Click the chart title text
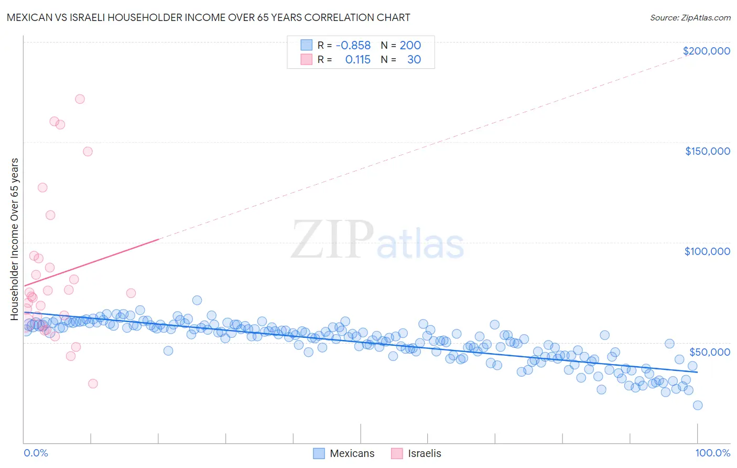tap(208, 17)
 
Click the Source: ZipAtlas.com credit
tap(690, 17)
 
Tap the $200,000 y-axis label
tap(706, 51)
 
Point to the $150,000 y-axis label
tap(707, 151)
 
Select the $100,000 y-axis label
tap(707, 251)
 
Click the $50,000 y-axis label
tap(709, 352)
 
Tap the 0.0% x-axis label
tap(36, 453)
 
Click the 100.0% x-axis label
tap(712, 453)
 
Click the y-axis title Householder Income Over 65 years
tap(15, 239)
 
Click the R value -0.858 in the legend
tap(353, 46)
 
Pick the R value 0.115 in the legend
tap(357, 60)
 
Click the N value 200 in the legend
tap(410, 46)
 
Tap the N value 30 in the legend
tap(414, 60)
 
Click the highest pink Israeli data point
tap(80, 99)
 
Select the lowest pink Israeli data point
tap(93, 384)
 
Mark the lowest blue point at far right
tap(697, 405)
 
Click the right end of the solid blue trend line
tap(697, 372)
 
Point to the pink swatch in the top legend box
tap(306, 60)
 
